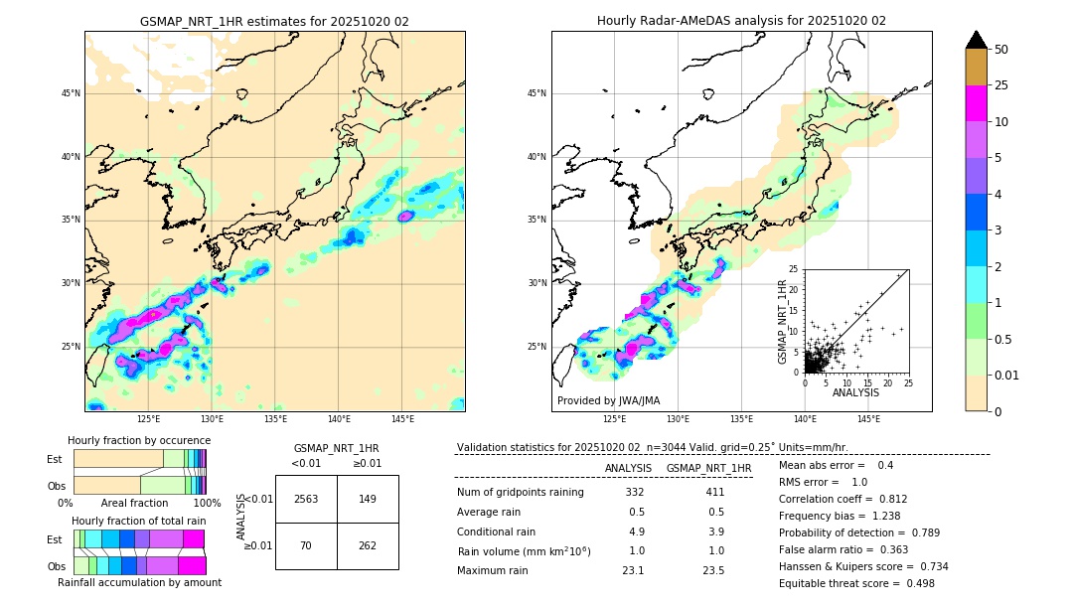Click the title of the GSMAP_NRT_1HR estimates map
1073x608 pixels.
coord(274,21)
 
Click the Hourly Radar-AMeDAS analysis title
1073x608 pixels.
coord(741,21)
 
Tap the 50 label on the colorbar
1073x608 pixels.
coord(1002,49)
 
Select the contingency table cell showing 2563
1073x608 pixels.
coord(306,499)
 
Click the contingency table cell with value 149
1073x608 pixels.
coord(368,499)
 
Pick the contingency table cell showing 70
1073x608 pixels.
coord(306,545)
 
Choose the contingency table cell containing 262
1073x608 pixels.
coord(368,545)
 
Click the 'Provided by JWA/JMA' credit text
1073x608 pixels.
coord(608,401)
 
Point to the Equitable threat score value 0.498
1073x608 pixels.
coord(914,583)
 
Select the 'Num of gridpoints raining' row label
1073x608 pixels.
coord(521,493)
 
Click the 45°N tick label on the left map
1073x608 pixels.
coord(71,93)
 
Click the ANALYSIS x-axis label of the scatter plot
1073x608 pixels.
coord(855,392)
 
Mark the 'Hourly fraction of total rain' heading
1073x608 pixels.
coord(139,521)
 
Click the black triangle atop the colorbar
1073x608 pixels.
coord(977,40)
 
